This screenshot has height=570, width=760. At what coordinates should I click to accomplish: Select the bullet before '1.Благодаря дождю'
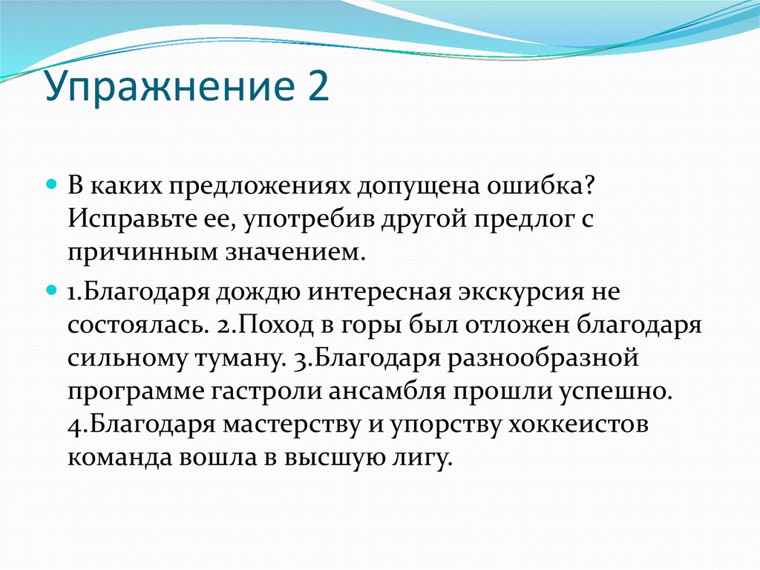pyautogui.click(x=53, y=287)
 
